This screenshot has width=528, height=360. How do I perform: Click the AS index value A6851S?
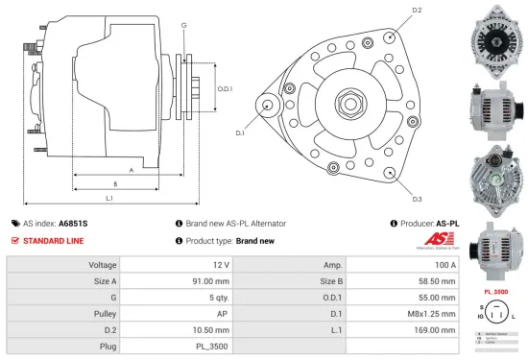click(72, 223)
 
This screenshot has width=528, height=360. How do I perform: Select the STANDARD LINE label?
click(55, 240)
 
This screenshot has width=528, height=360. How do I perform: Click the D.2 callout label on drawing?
click(417, 11)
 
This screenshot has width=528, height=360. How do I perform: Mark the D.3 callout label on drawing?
click(417, 199)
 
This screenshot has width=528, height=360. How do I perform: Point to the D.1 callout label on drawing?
click(239, 132)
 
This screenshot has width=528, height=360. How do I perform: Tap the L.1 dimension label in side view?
click(109, 198)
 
